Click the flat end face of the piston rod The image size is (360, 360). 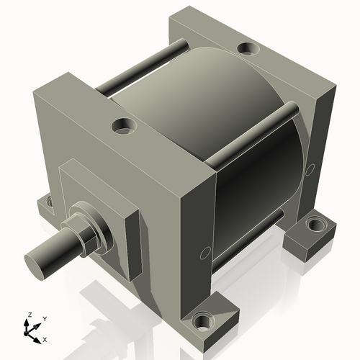36,261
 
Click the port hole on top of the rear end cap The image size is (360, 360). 248,49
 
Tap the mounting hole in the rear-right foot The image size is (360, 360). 315,225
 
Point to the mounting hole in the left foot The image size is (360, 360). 48,204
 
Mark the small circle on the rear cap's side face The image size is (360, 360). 310,170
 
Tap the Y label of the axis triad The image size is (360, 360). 44,318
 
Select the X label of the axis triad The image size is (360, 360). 45,338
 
